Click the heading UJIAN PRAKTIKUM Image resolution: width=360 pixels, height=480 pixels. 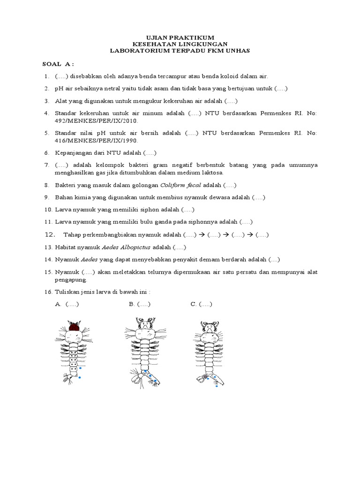tap(180, 37)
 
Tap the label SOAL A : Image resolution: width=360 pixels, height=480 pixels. tap(58, 64)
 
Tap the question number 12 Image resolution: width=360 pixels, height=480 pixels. tap(50, 234)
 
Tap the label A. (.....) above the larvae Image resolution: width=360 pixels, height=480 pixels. tap(67, 304)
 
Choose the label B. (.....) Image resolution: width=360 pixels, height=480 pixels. tap(140, 304)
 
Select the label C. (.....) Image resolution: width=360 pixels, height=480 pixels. tap(202, 304)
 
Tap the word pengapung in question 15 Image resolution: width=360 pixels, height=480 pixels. tap(71, 280)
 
